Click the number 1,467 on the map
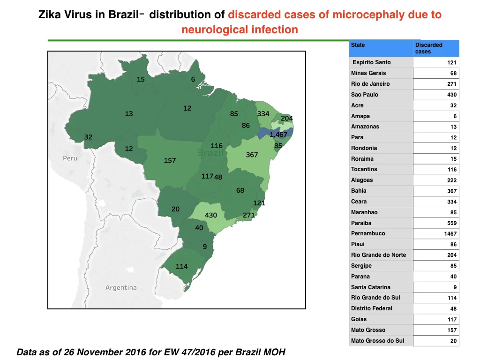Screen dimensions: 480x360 278,135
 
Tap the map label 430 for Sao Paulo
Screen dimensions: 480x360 211,215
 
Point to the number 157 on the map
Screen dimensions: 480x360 170,160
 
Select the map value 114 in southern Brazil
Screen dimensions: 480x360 181,266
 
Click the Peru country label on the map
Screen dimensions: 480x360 70,158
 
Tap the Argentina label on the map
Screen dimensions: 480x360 121,287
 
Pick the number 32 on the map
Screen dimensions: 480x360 88,137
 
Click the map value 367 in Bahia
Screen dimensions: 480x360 252,155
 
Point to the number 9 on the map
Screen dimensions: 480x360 204,247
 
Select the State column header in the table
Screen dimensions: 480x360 358,45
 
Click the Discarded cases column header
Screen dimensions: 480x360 428,48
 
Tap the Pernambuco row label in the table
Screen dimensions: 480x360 368,233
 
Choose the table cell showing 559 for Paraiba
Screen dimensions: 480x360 452,223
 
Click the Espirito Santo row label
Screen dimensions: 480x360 372,62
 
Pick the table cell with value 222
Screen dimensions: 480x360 452,180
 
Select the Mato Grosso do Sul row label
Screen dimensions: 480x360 377,341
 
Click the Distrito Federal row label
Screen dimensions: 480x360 372,308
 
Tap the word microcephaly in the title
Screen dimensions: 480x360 368,15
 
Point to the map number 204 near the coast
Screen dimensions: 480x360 287,119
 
